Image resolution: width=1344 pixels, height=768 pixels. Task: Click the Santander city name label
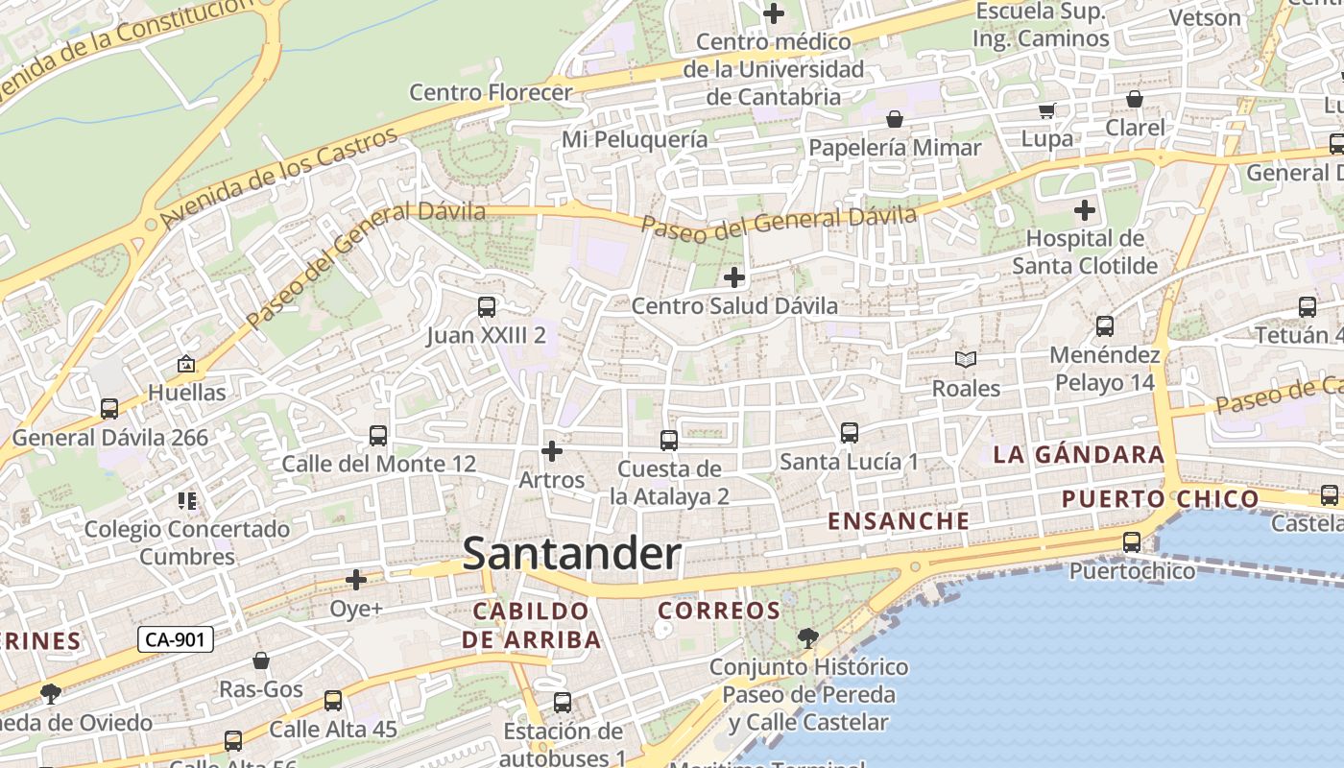coord(572,555)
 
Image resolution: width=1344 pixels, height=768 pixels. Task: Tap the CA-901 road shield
coord(175,639)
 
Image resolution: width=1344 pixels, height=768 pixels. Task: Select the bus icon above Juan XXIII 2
coord(487,307)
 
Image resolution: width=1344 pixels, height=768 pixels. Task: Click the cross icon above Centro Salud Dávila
coord(734,278)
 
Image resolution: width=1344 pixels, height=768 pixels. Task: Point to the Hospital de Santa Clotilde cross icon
coord(1085,210)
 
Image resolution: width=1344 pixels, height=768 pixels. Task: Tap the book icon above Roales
coord(966,360)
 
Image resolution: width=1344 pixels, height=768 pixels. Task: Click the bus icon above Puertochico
coord(1132,542)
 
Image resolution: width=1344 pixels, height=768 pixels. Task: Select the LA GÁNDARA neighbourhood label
coord(1079,454)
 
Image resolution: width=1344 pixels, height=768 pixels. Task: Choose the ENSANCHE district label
coord(899,521)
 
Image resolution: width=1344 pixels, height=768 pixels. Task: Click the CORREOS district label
coord(719,611)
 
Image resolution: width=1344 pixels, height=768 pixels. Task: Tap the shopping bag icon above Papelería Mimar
coord(895,119)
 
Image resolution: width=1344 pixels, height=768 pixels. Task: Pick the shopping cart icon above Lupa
coord(1047,110)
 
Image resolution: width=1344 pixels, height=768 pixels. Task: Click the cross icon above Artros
coord(552,450)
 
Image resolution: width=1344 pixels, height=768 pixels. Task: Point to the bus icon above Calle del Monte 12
coord(378,436)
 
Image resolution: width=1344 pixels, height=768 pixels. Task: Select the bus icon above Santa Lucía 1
coord(850,433)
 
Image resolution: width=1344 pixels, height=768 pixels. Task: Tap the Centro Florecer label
coord(491,92)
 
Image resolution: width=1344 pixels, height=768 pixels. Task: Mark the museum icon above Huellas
coord(186,364)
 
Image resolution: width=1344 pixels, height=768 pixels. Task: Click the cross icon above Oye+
coord(356,580)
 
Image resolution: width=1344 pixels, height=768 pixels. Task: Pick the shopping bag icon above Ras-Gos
coord(261,660)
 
